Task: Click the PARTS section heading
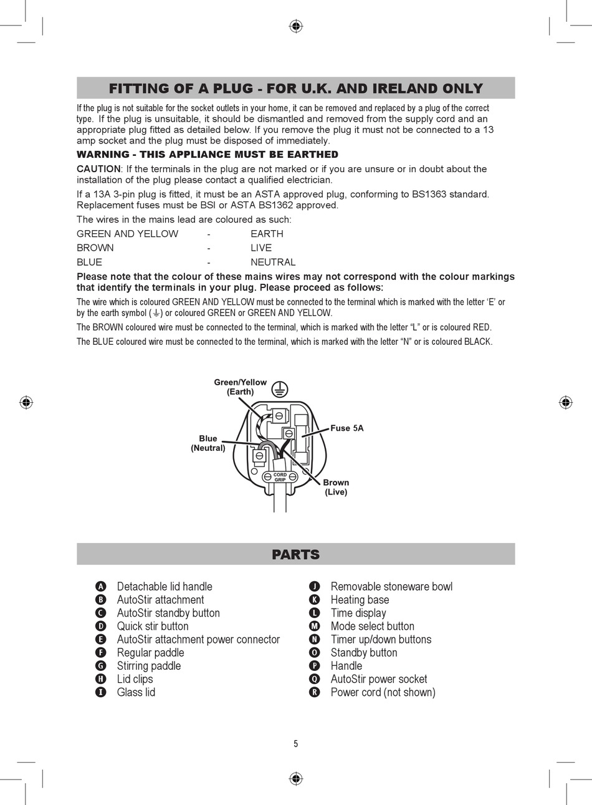pyautogui.click(x=295, y=554)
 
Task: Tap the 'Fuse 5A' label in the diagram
pyautogui.click(x=346, y=428)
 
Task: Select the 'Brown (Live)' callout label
pyautogui.click(x=336, y=487)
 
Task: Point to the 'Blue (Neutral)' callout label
pyautogui.click(x=208, y=443)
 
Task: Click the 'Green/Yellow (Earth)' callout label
pyautogui.click(x=240, y=387)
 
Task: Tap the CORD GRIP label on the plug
pyautogui.click(x=280, y=477)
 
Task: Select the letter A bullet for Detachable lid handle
pyautogui.click(x=101, y=587)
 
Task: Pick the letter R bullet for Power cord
pyautogui.click(x=315, y=692)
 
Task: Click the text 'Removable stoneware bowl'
pyautogui.click(x=391, y=587)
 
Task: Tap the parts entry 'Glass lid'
pyautogui.click(x=136, y=692)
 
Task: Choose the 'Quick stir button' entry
pyautogui.click(x=153, y=626)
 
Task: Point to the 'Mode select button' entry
pyautogui.click(x=372, y=626)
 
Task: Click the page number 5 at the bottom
pyautogui.click(x=296, y=743)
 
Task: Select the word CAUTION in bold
pyautogui.click(x=98, y=169)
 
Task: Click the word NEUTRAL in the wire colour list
pyautogui.click(x=273, y=263)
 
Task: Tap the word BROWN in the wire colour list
pyautogui.click(x=95, y=248)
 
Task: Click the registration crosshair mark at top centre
pyautogui.click(x=296, y=26)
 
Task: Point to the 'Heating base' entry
pyautogui.click(x=360, y=600)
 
